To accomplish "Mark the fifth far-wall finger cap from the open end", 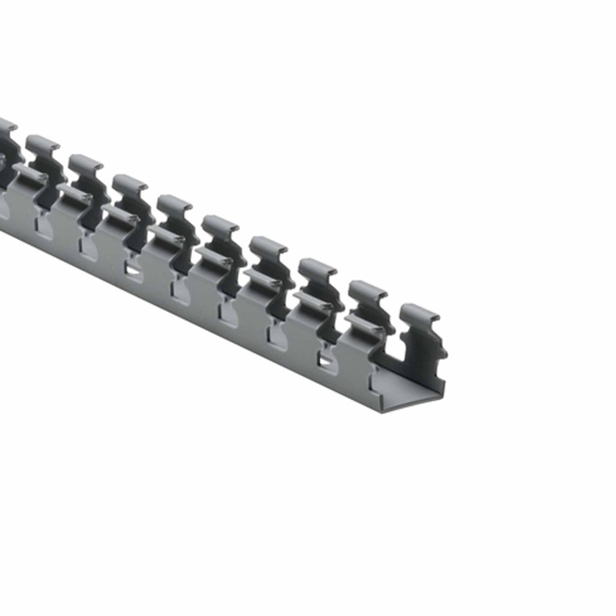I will [220, 224].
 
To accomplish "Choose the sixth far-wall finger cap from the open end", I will [174, 203].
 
